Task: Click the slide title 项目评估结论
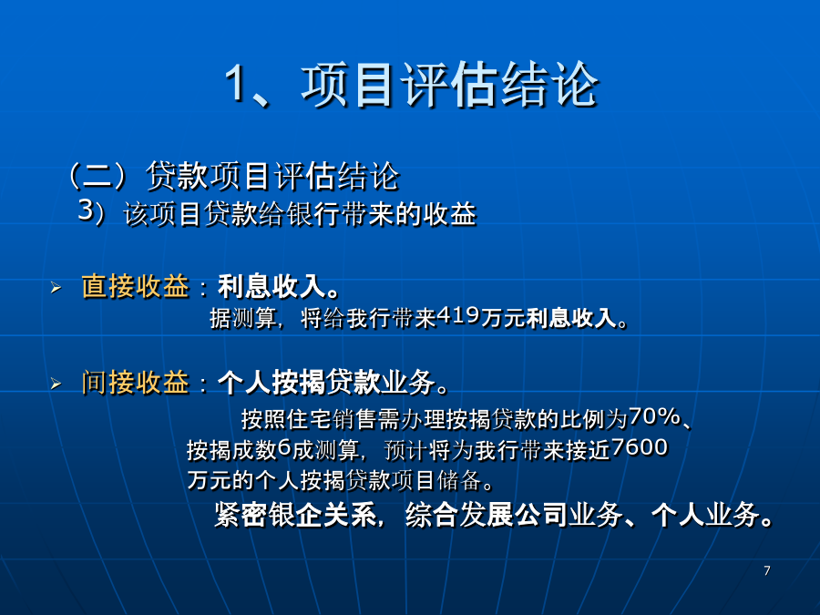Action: click(x=450, y=86)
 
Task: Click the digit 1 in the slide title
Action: click(x=236, y=84)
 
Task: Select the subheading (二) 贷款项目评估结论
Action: click(x=234, y=176)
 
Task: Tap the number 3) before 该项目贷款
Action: click(x=92, y=211)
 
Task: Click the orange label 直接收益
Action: click(x=136, y=287)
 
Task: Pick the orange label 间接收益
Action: click(x=136, y=383)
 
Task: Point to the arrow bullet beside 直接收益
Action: click(x=56, y=287)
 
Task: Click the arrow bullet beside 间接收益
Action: click(x=56, y=384)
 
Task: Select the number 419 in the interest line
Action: click(x=458, y=315)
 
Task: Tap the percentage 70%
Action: click(x=655, y=416)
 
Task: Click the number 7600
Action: click(x=639, y=447)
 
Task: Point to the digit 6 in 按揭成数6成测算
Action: click(x=284, y=447)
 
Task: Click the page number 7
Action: click(x=766, y=570)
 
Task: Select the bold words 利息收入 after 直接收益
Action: click(x=272, y=287)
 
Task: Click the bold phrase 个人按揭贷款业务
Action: click(x=326, y=383)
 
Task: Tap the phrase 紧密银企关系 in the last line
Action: click(x=295, y=515)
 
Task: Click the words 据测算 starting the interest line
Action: click(x=243, y=318)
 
